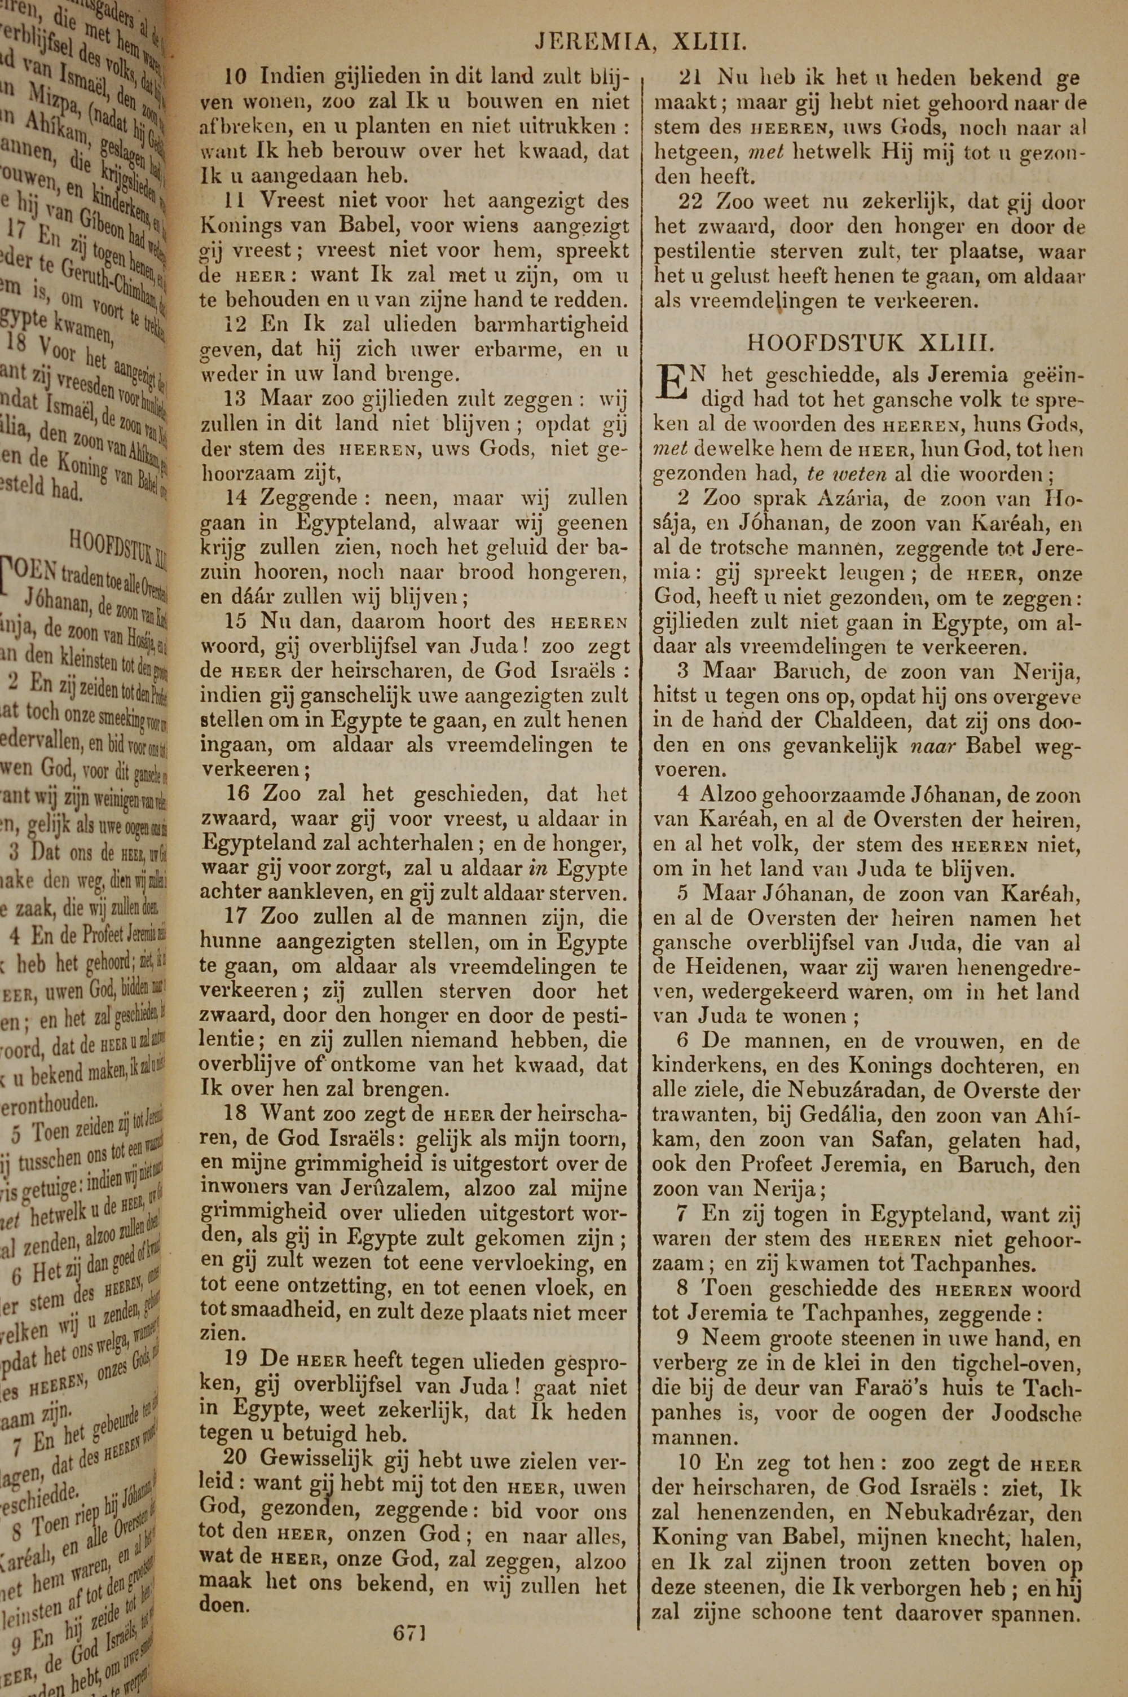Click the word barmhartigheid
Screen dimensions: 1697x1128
click(552, 324)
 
